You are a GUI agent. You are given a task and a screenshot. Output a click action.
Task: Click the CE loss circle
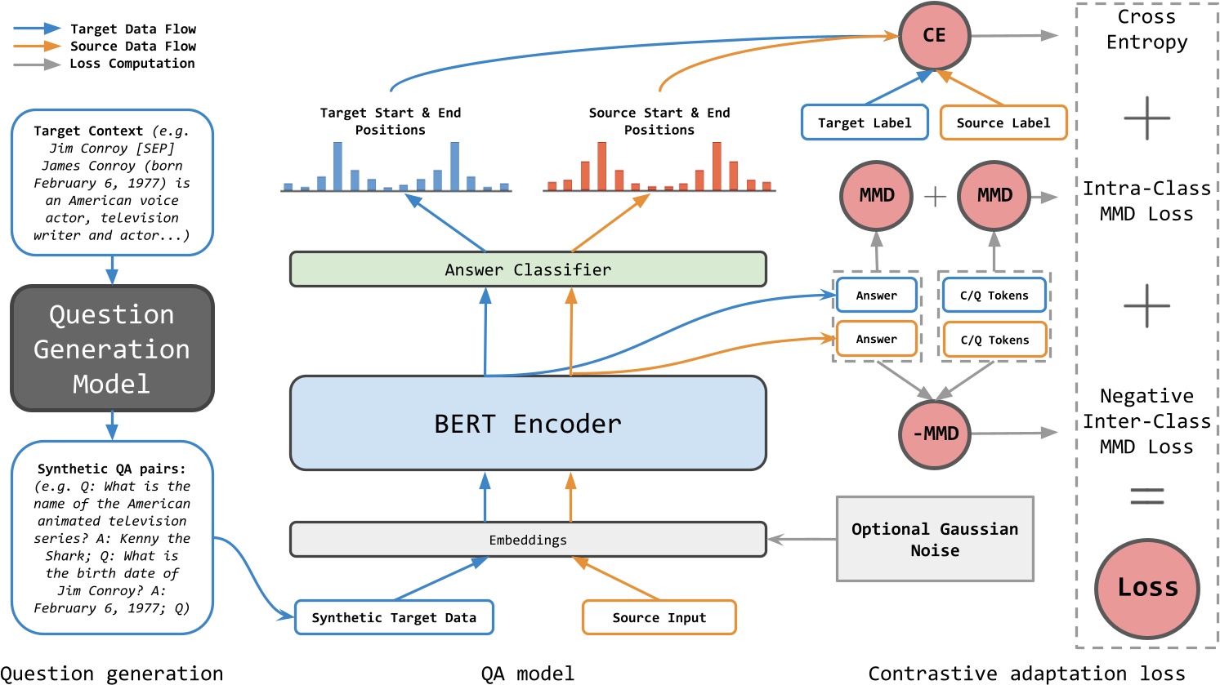click(933, 36)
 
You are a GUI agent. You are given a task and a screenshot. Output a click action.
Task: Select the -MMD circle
click(935, 434)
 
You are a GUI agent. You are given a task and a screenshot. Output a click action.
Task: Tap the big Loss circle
click(1147, 587)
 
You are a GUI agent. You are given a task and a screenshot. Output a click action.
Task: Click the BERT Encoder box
click(528, 423)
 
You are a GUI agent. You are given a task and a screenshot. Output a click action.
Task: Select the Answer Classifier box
click(528, 269)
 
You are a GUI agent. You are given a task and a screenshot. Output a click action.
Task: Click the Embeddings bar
click(528, 540)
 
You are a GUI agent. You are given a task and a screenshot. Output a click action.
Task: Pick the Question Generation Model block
click(112, 349)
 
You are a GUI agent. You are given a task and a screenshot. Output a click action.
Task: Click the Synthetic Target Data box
click(394, 617)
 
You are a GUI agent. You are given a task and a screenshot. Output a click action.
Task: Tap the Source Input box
click(659, 617)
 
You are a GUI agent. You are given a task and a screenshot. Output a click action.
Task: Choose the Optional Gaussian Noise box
click(935, 539)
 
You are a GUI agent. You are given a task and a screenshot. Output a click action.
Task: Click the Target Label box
click(864, 122)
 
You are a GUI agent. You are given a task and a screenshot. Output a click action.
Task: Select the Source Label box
click(1003, 122)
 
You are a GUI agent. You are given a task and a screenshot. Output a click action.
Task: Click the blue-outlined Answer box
click(876, 296)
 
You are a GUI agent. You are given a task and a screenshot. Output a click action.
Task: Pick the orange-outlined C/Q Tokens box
click(994, 340)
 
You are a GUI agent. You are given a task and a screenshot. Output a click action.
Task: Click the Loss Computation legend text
click(132, 64)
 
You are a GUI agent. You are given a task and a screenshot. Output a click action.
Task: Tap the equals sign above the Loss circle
click(1146, 495)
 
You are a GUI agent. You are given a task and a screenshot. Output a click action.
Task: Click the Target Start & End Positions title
click(391, 121)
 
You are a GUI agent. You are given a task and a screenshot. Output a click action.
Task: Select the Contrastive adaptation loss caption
click(1026, 674)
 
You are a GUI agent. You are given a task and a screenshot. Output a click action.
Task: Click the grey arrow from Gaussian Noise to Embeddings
click(802, 539)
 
